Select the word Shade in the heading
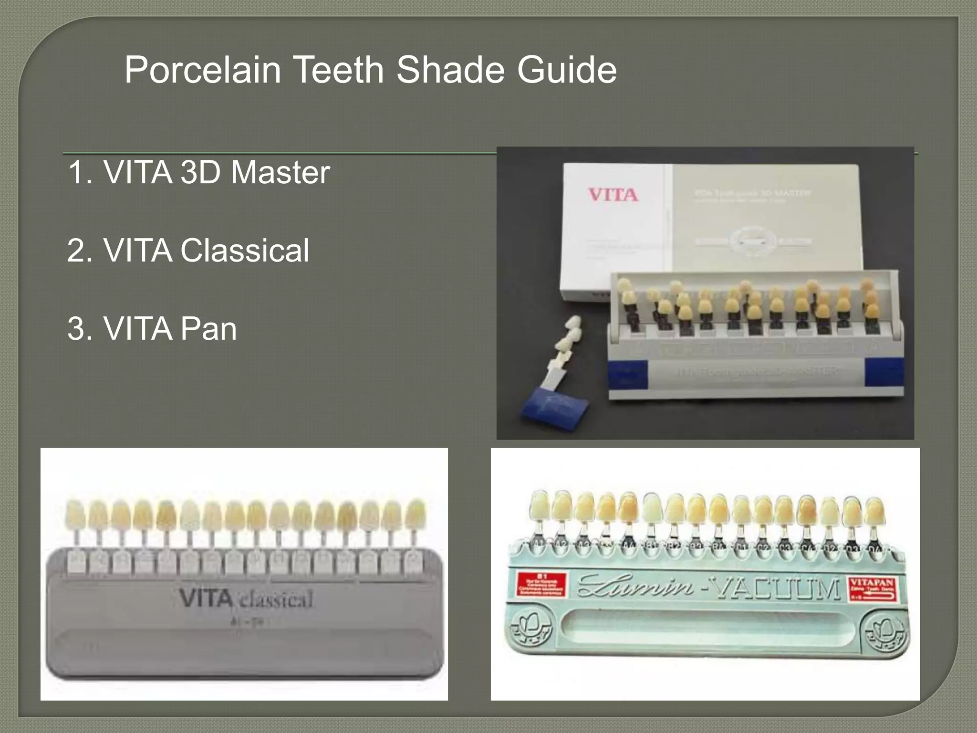(450, 70)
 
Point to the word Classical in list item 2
(245, 251)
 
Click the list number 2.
(79, 251)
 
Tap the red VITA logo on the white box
(613, 195)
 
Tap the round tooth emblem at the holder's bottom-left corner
(530, 628)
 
